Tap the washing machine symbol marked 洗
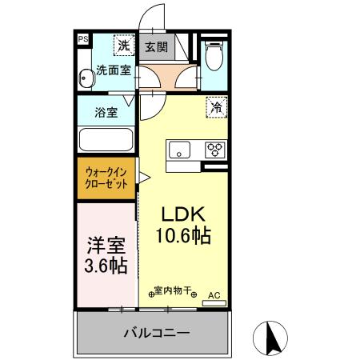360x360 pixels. pyautogui.click(x=123, y=44)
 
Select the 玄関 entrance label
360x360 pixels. pyautogui.click(x=156, y=46)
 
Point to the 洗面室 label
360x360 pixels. pyautogui.click(x=113, y=70)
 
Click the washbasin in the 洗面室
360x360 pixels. pyautogui.click(x=86, y=78)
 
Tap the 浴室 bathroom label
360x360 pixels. pyautogui.click(x=106, y=112)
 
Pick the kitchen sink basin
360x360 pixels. pyautogui.click(x=178, y=149)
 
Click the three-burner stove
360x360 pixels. pyautogui.click(x=214, y=149)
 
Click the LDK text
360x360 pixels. pyautogui.click(x=186, y=215)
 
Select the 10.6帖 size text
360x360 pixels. pyautogui.click(x=186, y=237)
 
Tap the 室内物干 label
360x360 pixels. pyautogui.click(x=170, y=293)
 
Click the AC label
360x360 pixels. pyautogui.click(x=214, y=294)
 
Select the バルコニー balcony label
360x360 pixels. pyautogui.click(x=156, y=332)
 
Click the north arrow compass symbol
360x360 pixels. pyautogui.click(x=273, y=337)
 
